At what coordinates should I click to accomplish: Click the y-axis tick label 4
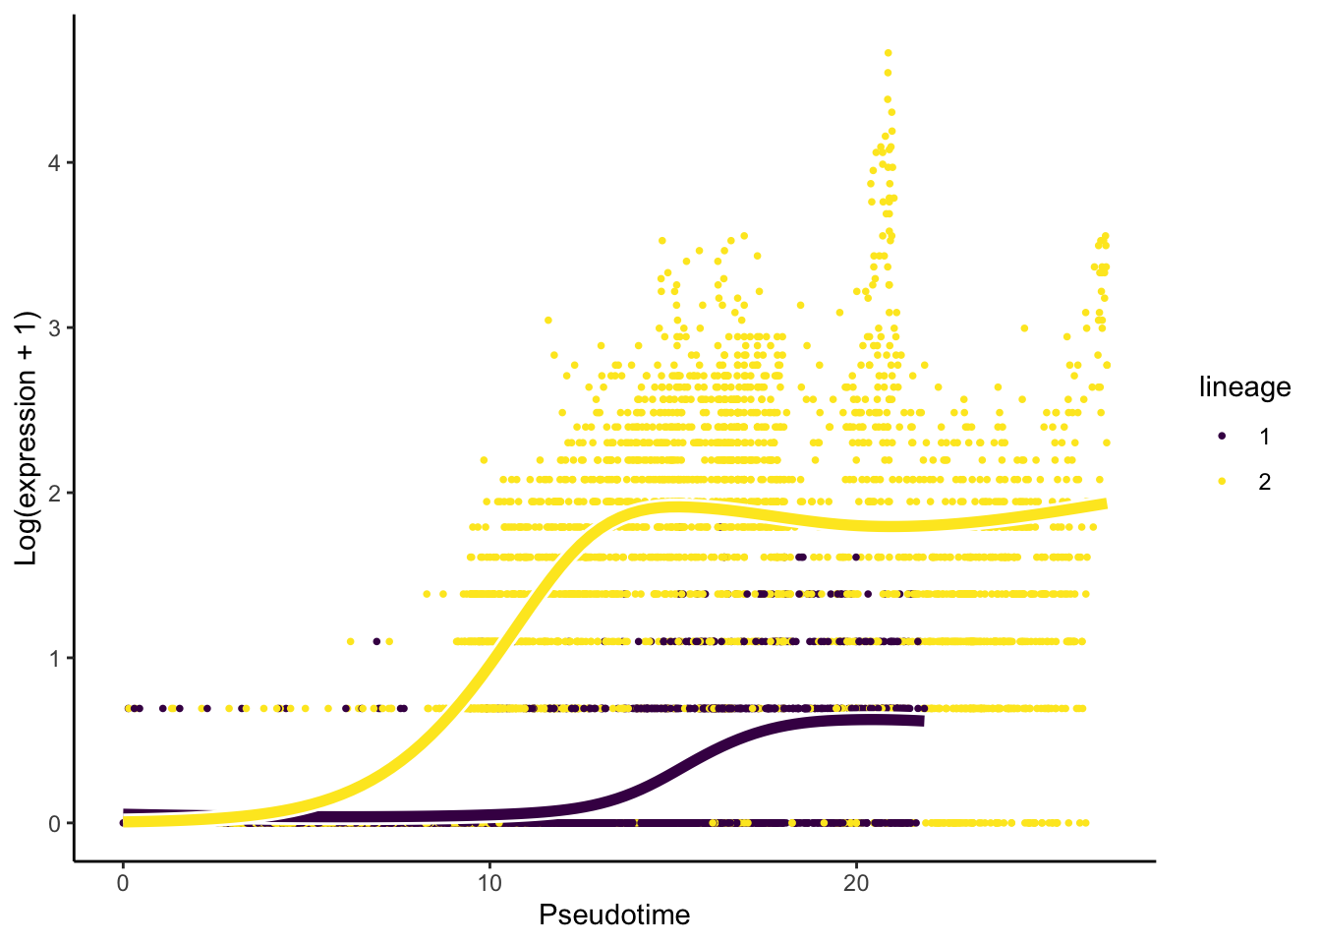[55, 163]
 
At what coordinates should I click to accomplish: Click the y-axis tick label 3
[55, 328]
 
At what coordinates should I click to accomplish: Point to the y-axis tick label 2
[55, 494]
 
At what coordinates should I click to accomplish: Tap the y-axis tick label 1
[55, 659]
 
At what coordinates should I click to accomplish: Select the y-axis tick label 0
[55, 824]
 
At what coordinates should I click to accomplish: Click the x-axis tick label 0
[122, 884]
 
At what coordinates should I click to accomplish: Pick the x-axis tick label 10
[489, 884]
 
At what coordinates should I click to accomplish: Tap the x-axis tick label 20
[856, 884]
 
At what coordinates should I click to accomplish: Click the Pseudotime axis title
[614, 915]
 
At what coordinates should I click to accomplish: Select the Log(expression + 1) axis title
[26, 439]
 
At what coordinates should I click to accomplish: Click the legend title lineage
[1244, 387]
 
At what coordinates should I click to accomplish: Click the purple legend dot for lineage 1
[1222, 436]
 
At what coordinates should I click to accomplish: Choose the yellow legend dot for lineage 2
[1222, 481]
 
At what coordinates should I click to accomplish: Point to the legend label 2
[1265, 482]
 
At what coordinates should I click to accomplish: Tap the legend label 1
[1265, 437]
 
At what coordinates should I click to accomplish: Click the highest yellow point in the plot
[888, 52]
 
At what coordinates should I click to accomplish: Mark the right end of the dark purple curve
[921, 722]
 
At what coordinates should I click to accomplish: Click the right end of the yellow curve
[1104, 504]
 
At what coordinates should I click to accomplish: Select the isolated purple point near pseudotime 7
[376, 641]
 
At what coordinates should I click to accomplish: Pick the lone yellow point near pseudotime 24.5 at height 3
[1024, 328]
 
